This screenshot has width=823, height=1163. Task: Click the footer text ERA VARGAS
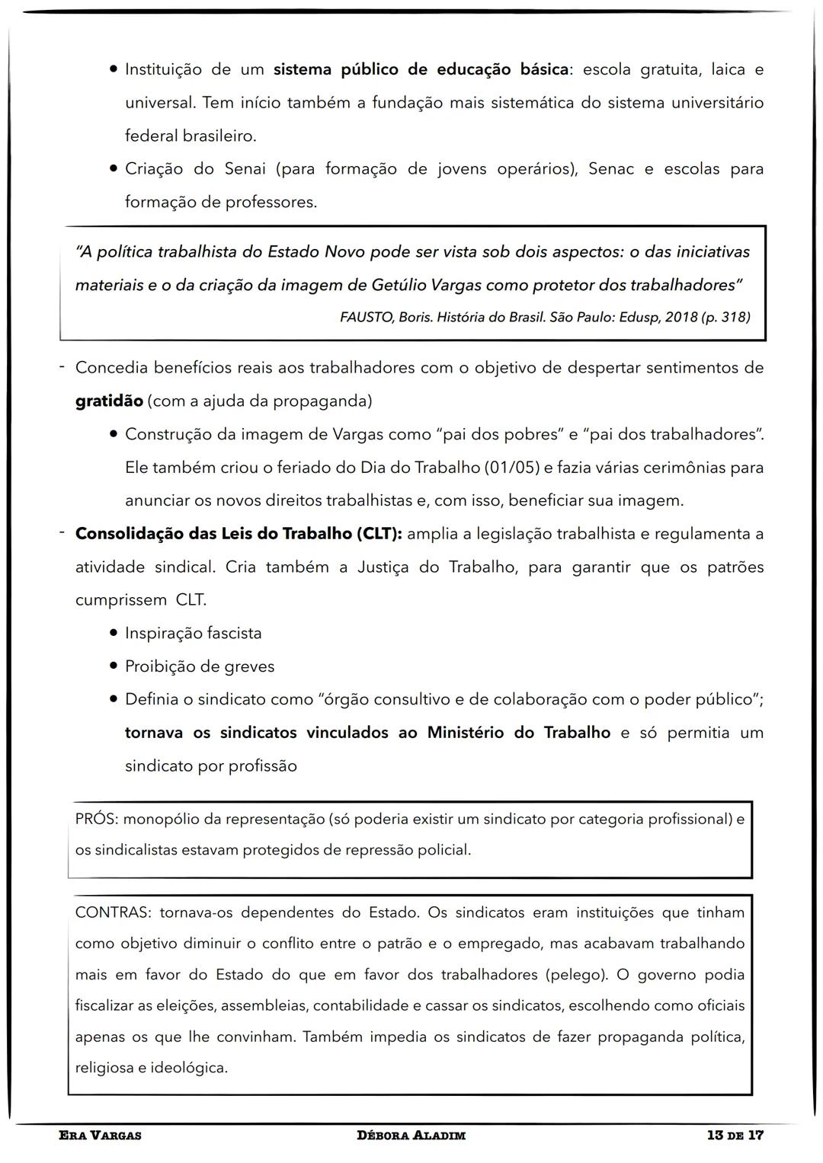pos(100,1136)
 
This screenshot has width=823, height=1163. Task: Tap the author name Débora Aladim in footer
pos(411,1136)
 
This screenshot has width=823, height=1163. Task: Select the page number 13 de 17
pos(735,1136)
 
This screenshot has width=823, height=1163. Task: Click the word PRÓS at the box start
pos(96,820)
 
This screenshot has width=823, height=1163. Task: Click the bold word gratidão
pos(108,401)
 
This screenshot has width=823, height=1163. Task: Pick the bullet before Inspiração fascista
pos(113,634)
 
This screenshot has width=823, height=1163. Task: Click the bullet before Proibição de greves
pos(113,666)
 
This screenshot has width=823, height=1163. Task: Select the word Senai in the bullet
pos(245,169)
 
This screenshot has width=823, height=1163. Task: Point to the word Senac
pos(610,169)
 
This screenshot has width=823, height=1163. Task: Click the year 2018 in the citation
pos(681,318)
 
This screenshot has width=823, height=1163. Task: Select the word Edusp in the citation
pos(636,318)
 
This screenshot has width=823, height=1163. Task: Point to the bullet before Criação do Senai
pos(113,169)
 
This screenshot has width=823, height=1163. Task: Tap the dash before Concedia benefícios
pos(62,368)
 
